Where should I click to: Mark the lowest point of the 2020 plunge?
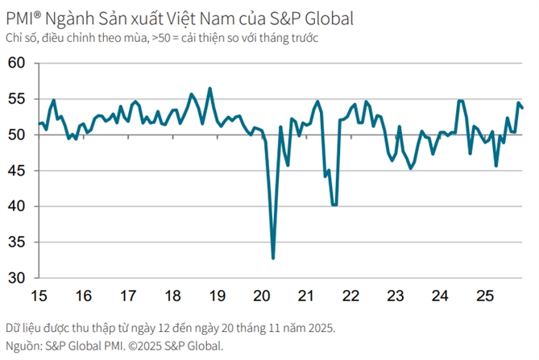click(x=273, y=258)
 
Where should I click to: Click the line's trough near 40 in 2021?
click(x=334, y=205)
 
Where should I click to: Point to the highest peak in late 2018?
click(x=210, y=89)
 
